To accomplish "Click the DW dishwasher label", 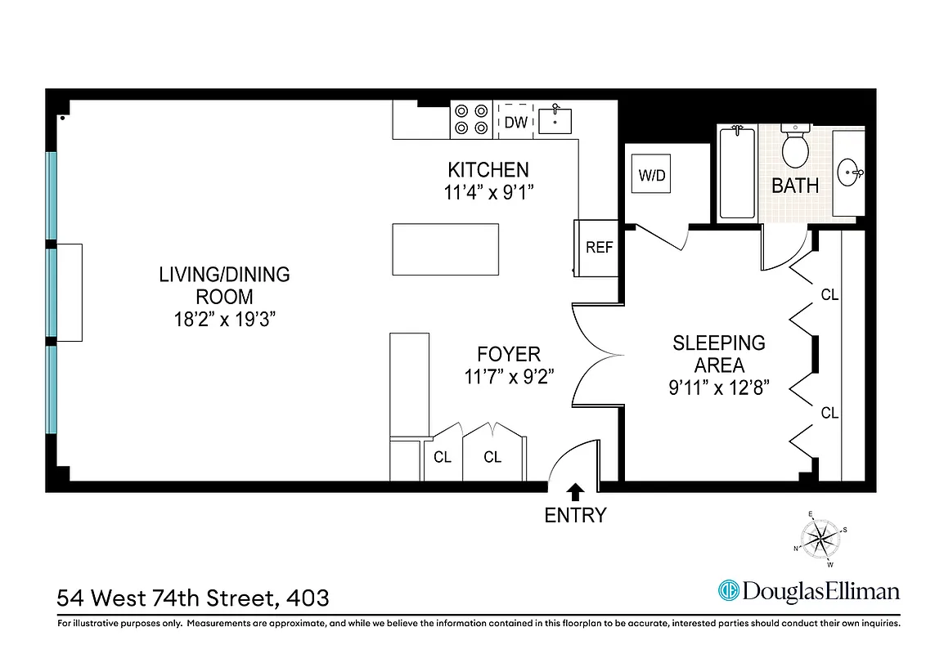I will (515, 123).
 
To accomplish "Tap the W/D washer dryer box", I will (653, 176).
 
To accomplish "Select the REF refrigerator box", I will (599, 247).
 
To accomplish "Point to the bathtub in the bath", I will (737, 173).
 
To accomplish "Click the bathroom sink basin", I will (851, 172).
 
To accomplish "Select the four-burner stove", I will (472, 119).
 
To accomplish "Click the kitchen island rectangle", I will (445, 251).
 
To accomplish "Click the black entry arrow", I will (576, 490).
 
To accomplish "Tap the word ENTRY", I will (576, 515).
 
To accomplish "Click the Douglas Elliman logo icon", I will (728, 590).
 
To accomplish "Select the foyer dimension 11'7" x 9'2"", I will (509, 378).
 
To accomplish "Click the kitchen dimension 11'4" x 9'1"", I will (488, 193).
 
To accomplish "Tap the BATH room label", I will (795, 186).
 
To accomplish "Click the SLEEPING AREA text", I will (719, 354).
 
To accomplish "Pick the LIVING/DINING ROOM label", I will (224, 285).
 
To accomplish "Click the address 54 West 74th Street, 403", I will (193, 598).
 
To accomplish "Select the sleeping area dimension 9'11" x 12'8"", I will (719, 389).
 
